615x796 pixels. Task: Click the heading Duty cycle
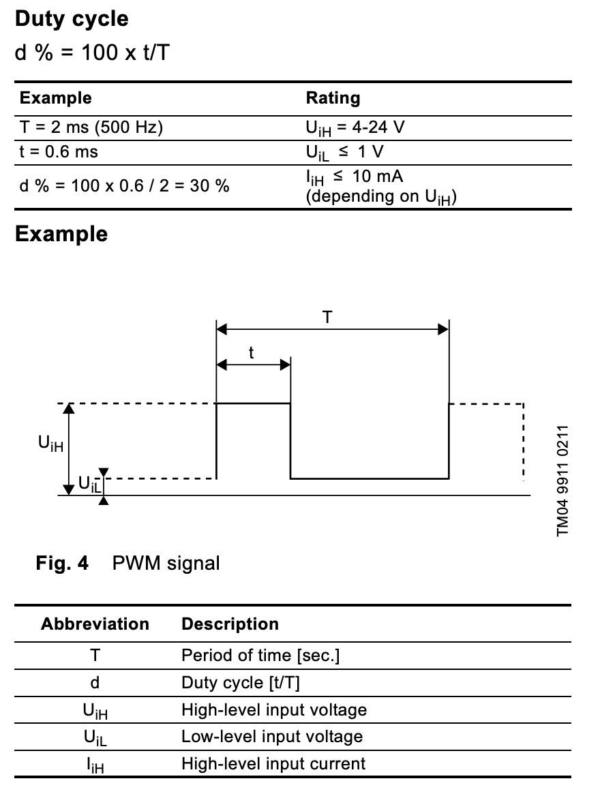click(x=72, y=19)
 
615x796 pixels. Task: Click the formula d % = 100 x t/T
click(x=92, y=52)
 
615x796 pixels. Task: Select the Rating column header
click(x=333, y=97)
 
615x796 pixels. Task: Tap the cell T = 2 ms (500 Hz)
click(x=91, y=127)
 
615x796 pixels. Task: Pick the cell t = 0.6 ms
click(x=59, y=152)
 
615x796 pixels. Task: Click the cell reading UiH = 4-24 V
click(x=355, y=128)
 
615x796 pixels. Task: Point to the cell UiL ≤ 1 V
click(x=344, y=152)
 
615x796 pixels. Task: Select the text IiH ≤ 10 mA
click(x=354, y=177)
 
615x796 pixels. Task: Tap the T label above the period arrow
click(x=327, y=318)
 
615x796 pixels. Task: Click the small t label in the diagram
click(x=251, y=352)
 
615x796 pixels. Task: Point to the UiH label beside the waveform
click(x=50, y=443)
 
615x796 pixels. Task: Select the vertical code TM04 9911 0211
click(x=562, y=480)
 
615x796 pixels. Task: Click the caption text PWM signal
click(x=166, y=564)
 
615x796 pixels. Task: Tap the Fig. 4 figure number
click(x=62, y=563)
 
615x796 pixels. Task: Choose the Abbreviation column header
click(x=95, y=624)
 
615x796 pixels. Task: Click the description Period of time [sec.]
click(x=260, y=656)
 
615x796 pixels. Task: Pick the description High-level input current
click(x=273, y=763)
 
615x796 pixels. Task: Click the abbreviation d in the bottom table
click(x=95, y=682)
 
